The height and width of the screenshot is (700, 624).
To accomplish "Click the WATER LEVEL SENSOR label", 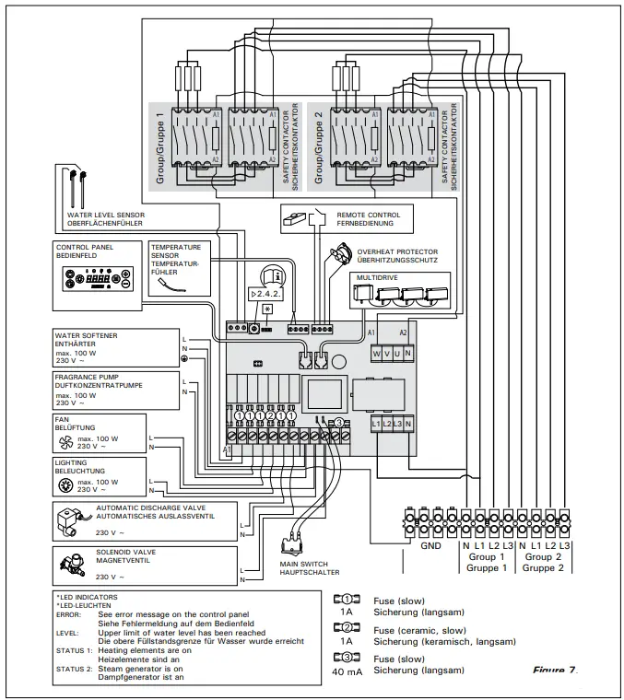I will pos(105,215).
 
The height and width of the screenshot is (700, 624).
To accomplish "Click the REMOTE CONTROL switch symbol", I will pos(301,218).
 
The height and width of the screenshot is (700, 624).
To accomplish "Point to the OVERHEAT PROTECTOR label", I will pos(397,251).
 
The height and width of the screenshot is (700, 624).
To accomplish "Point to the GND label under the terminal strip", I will pos(430,545).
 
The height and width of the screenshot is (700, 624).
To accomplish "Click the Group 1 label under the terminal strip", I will pos(489,556).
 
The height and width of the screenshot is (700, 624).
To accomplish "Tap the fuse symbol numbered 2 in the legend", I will pos(344,628).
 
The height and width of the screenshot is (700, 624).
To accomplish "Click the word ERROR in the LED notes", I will pos(68,612).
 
